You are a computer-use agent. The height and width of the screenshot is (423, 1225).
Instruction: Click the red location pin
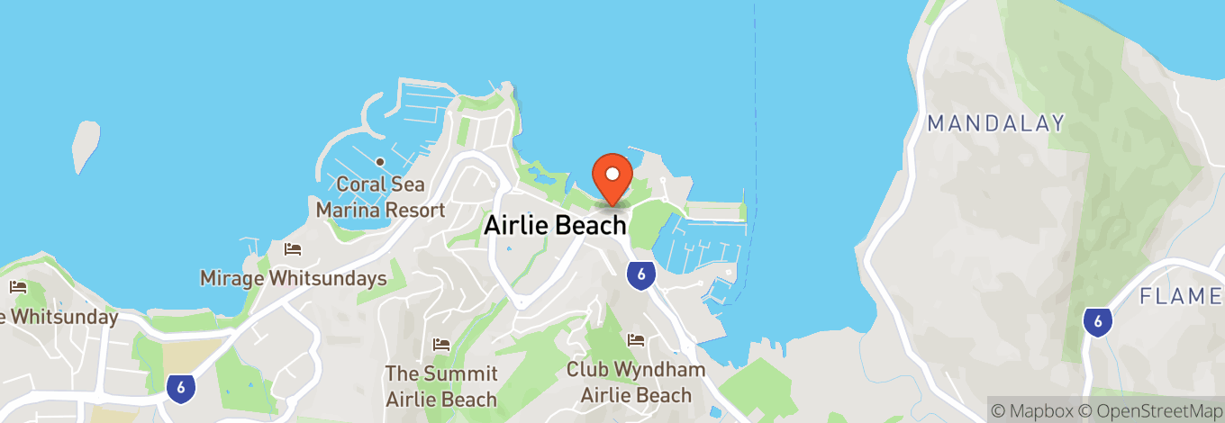pos(612,176)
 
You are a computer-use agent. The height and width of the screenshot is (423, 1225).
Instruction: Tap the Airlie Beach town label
pos(555,225)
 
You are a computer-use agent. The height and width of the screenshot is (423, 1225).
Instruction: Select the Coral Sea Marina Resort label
pos(380,197)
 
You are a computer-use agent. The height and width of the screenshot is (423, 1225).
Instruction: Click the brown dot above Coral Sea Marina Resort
pos(380,162)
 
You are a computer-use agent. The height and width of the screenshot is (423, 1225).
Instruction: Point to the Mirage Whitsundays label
pos(293,278)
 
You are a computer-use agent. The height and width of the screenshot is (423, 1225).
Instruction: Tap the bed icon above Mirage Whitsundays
pos(292,249)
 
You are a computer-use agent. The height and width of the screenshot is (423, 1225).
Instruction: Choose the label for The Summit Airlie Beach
pos(441,386)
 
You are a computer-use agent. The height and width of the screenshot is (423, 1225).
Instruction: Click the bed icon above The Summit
pos(441,345)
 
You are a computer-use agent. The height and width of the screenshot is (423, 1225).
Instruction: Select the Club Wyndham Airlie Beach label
pos(636,382)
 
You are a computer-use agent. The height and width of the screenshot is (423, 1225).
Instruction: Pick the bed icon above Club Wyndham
pos(636,340)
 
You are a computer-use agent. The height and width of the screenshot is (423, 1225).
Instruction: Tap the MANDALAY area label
pos(996,123)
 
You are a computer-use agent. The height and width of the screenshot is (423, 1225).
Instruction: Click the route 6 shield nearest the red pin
pos(640,274)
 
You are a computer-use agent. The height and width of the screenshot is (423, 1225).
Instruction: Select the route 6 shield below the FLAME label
pos(1095,321)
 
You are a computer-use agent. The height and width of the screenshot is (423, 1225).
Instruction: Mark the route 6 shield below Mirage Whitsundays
pos(181,387)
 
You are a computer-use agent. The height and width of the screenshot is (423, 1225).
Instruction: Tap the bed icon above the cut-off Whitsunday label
pos(18,288)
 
